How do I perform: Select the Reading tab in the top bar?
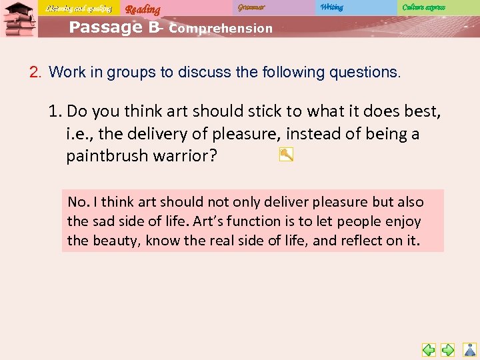click(x=143, y=9)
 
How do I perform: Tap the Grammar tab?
click(x=251, y=7)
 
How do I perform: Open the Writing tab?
click(x=331, y=7)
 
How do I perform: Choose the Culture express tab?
click(x=423, y=7)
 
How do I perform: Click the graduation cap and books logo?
click(x=19, y=20)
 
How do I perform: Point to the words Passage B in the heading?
click(x=114, y=27)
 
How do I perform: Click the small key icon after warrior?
click(x=286, y=155)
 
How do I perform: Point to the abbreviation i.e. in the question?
click(x=79, y=133)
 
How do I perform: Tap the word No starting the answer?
click(x=77, y=202)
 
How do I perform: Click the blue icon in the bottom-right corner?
click(x=469, y=349)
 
